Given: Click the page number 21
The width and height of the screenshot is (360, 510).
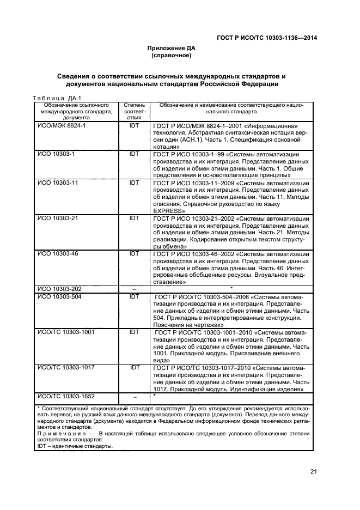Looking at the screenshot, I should tap(313, 472).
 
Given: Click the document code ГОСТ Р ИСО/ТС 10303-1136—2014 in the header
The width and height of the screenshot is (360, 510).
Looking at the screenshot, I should tap(267, 38).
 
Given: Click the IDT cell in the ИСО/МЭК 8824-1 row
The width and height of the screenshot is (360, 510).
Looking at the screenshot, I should tap(134, 125).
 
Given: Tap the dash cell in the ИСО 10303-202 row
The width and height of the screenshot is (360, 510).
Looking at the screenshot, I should tap(134, 288).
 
